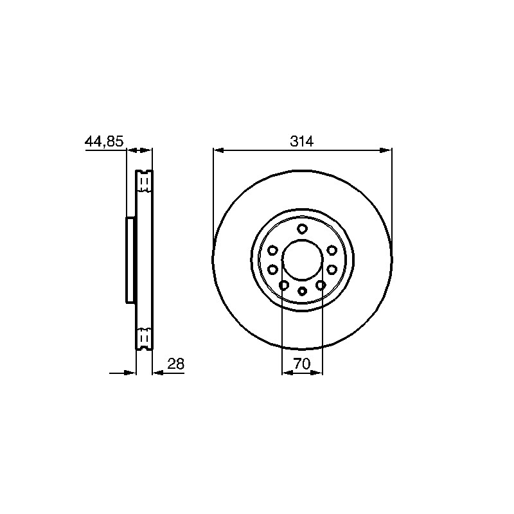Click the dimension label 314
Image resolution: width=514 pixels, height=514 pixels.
point(302,141)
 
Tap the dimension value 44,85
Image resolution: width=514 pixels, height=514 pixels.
point(104,141)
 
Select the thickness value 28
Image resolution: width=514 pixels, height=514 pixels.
point(176,364)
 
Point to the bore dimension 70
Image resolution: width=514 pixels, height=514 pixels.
point(301,364)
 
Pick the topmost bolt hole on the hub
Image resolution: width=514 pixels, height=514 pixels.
point(302,229)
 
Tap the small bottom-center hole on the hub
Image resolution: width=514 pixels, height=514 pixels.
point(302,291)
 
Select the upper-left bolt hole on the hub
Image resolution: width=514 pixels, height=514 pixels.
point(272,251)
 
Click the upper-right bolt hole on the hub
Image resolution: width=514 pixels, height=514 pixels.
point(332,251)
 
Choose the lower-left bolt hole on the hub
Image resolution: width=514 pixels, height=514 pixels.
point(284,285)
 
